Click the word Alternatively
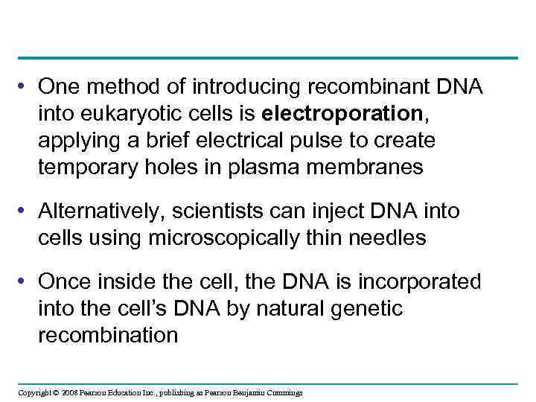100,211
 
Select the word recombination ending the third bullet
108,336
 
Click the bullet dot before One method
25,88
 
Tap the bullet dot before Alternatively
25,212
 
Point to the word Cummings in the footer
284,392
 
